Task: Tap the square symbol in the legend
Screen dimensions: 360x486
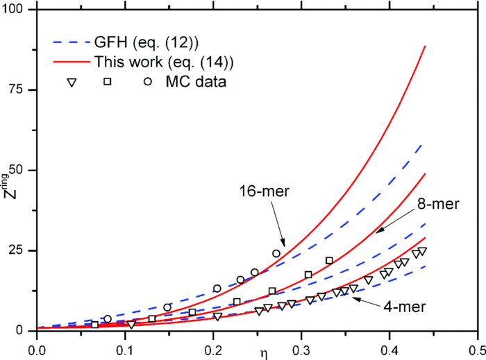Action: pyautogui.click(x=108, y=82)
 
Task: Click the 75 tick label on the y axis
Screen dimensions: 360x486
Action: pyautogui.click(x=21, y=90)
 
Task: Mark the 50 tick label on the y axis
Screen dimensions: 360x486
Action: pyautogui.click(x=21, y=170)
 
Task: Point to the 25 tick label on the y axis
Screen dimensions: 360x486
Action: pyautogui.click(x=21, y=250)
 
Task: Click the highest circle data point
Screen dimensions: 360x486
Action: pyautogui.click(x=276, y=254)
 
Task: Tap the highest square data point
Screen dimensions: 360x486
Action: pyautogui.click(x=329, y=261)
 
